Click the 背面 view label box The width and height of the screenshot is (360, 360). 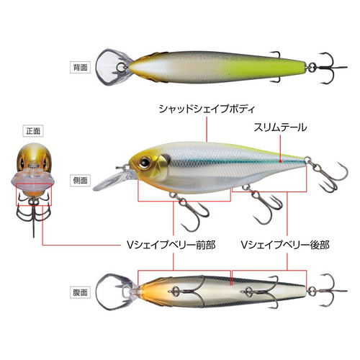click(80, 68)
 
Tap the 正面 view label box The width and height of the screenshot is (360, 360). click(33, 131)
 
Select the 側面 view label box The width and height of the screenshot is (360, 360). click(80, 180)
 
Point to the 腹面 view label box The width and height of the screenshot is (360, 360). click(80, 292)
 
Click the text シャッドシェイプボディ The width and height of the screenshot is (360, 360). click(207, 109)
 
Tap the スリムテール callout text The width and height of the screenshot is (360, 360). click(280, 127)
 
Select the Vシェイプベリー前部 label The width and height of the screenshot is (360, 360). click(171, 245)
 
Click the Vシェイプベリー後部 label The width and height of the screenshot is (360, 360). click(285, 245)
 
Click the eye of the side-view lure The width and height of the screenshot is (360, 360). click(145, 162)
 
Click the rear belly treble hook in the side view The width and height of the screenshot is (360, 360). click(265, 204)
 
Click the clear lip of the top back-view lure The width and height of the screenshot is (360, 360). click(113, 67)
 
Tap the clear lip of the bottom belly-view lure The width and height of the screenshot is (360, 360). click(115, 292)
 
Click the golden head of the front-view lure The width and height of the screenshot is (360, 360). click(34, 156)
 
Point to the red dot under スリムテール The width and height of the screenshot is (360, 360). click(280, 161)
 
